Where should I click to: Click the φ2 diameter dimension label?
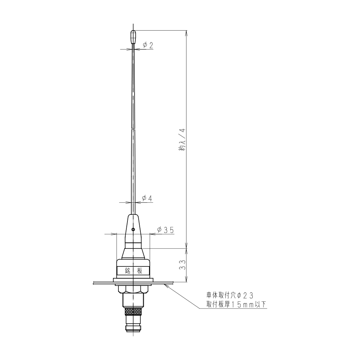click(x=148, y=45)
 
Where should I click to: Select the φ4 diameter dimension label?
click(x=147, y=198)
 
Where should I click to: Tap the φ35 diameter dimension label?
click(x=165, y=230)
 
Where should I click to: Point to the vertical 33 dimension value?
click(x=183, y=265)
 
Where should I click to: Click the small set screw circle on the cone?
click(x=133, y=229)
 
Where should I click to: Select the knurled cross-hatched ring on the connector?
click(x=133, y=311)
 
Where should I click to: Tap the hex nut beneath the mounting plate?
click(x=133, y=289)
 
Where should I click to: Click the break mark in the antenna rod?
click(x=133, y=129)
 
